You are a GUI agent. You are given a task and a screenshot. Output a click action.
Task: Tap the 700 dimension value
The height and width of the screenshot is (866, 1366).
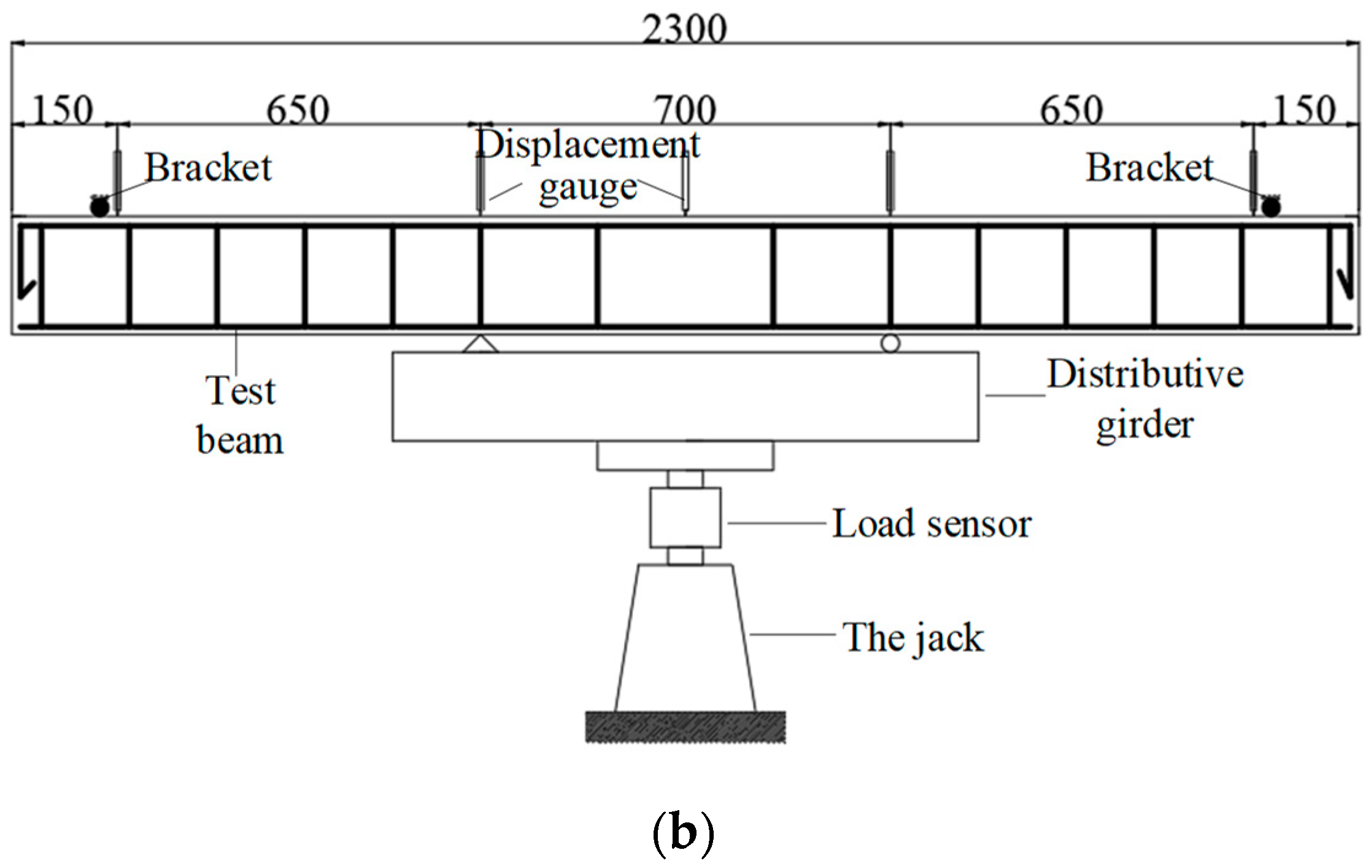tap(685, 110)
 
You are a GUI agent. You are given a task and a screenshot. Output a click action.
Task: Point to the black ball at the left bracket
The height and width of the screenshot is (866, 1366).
tap(99, 207)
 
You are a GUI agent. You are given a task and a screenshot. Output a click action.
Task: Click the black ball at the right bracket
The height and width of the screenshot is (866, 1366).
tap(1271, 207)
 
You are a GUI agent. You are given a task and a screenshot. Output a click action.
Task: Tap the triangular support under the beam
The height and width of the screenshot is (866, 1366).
tap(480, 344)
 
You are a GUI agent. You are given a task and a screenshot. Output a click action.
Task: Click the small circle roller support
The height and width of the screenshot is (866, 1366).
tap(890, 343)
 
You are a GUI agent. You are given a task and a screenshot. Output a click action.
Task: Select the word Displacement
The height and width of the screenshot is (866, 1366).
tap(588, 145)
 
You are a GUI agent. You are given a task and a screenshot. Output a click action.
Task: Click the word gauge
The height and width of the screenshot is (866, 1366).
tap(588, 188)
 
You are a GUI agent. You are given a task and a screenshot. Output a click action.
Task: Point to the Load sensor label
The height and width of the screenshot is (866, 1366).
tap(932, 524)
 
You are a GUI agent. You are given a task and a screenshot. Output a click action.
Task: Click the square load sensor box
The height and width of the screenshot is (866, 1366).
tap(685, 517)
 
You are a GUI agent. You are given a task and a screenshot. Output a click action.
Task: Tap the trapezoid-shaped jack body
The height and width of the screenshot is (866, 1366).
tap(685, 638)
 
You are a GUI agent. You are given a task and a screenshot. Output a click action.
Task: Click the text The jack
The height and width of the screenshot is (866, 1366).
tap(913, 637)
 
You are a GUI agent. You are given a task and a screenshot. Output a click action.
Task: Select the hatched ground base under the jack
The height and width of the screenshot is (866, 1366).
tap(685, 727)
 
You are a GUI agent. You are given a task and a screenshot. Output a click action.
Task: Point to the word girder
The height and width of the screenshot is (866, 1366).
tap(1145, 425)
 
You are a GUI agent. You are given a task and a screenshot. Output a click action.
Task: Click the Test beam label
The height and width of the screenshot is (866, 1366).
tap(240, 416)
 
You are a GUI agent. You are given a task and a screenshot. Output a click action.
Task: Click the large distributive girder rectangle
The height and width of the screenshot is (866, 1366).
tap(685, 396)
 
